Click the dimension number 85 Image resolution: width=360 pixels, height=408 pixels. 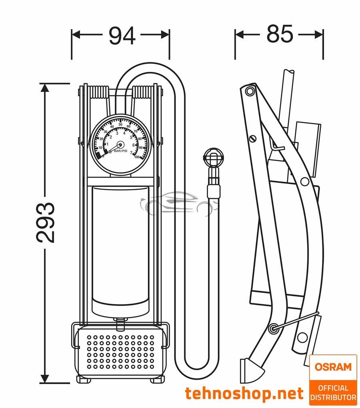pos(280,34)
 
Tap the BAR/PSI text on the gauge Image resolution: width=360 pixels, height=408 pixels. pos(120,151)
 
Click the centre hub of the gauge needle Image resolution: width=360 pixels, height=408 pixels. pos(120,145)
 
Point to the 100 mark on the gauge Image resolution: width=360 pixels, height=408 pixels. pos(137,157)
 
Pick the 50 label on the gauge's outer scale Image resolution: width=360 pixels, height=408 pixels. pos(120,124)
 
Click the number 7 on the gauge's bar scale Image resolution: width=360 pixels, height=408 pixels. pos(131,153)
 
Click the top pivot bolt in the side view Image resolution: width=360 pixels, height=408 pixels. pos(250,92)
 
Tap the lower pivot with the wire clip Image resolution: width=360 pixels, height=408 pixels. pos(273,328)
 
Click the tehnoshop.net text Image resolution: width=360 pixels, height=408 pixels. pos(244,394)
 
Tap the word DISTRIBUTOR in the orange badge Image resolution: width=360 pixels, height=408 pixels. pos(333,397)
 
